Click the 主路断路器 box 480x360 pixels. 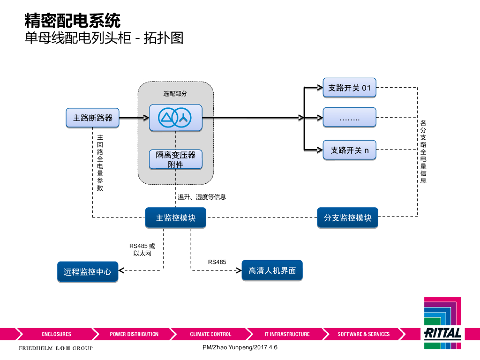tap(93, 118)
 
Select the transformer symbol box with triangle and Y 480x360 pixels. tap(175, 117)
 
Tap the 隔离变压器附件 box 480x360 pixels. tap(175, 159)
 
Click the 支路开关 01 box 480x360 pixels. tap(349, 88)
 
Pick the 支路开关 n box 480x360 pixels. tap(349, 150)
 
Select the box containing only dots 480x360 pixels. tap(349, 117)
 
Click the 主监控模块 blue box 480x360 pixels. tap(175, 218)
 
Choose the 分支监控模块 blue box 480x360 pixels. tap(347, 218)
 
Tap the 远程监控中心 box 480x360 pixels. tap(88, 271)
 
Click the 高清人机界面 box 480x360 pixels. tap(272, 270)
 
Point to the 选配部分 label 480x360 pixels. tap(175, 94)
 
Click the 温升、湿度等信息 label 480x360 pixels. tap(202, 197)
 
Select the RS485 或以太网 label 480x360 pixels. tap(142, 249)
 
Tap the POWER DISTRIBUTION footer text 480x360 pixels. tap(134, 334)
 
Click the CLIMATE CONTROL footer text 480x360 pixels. tap(210, 334)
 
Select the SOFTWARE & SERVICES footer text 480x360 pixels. tap(363, 334)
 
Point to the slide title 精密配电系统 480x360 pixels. tap(72, 21)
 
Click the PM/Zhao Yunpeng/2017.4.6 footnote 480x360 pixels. tap(240, 347)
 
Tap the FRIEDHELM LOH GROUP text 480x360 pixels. tap(55, 348)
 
